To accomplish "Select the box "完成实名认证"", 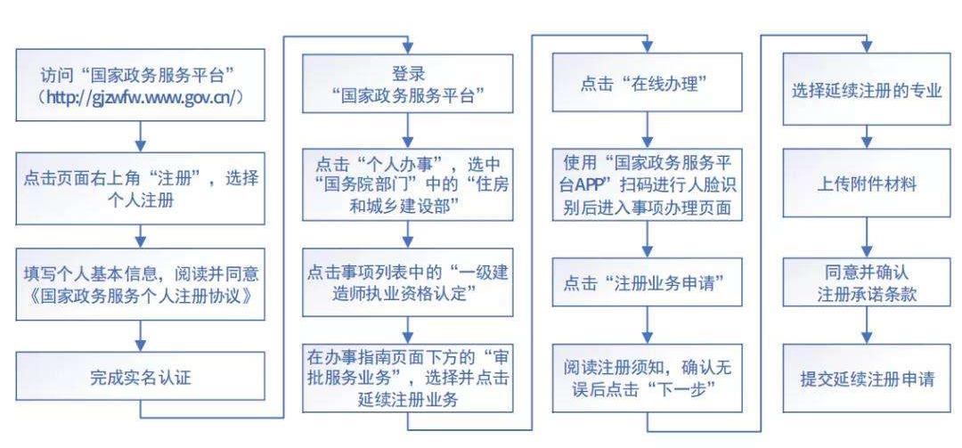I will point(141,378).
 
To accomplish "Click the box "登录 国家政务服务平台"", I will point(407,85).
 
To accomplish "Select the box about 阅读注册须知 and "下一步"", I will point(648,378).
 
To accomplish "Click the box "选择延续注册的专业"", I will point(867,89).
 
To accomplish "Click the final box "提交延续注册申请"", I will point(867,378).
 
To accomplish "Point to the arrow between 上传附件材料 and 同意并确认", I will point(867,233).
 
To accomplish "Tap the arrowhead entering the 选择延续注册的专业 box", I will point(867,48).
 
